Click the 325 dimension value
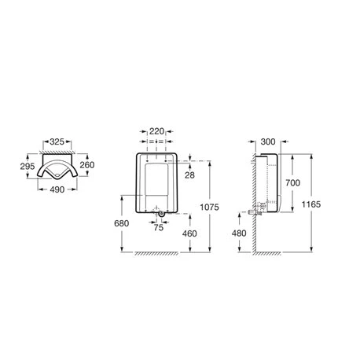coord(57,141)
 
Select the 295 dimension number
coord(28,166)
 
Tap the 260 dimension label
coord(87,165)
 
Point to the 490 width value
coord(57,189)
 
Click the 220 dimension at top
coord(156,131)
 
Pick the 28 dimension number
coord(189,175)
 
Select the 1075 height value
coord(209,207)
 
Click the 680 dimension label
coord(122,223)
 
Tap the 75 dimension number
coord(159,227)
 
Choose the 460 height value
coord(189,233)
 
